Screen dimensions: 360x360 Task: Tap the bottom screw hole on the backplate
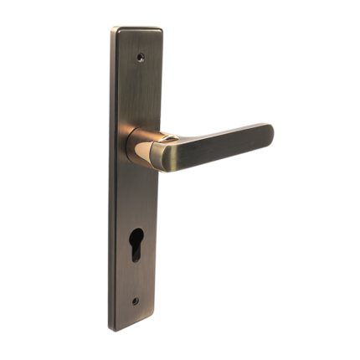(x=135, y=301)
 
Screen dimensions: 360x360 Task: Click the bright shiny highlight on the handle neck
(x=159, y=152)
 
